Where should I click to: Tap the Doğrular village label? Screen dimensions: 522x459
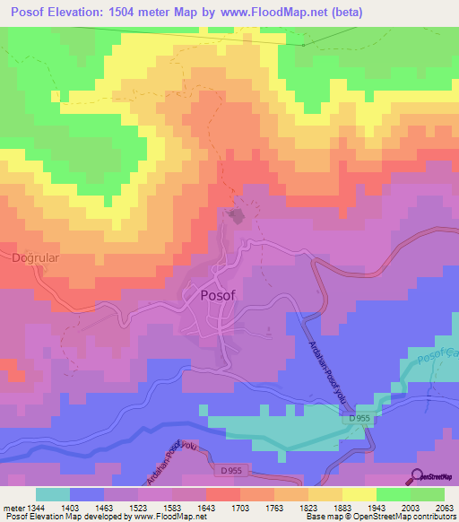tap(33, 258)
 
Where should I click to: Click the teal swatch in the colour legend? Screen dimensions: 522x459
tap(53, 494)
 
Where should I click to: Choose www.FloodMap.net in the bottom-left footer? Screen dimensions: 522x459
tap(165, 517)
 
